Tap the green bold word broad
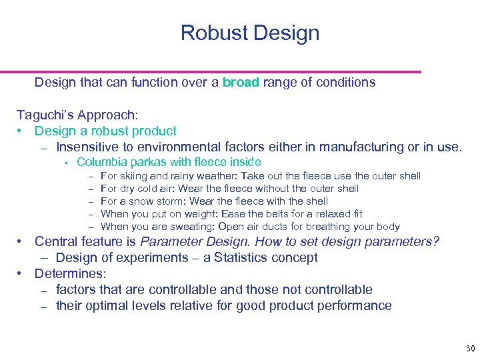coord(241,83)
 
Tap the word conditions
coord(343,83)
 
